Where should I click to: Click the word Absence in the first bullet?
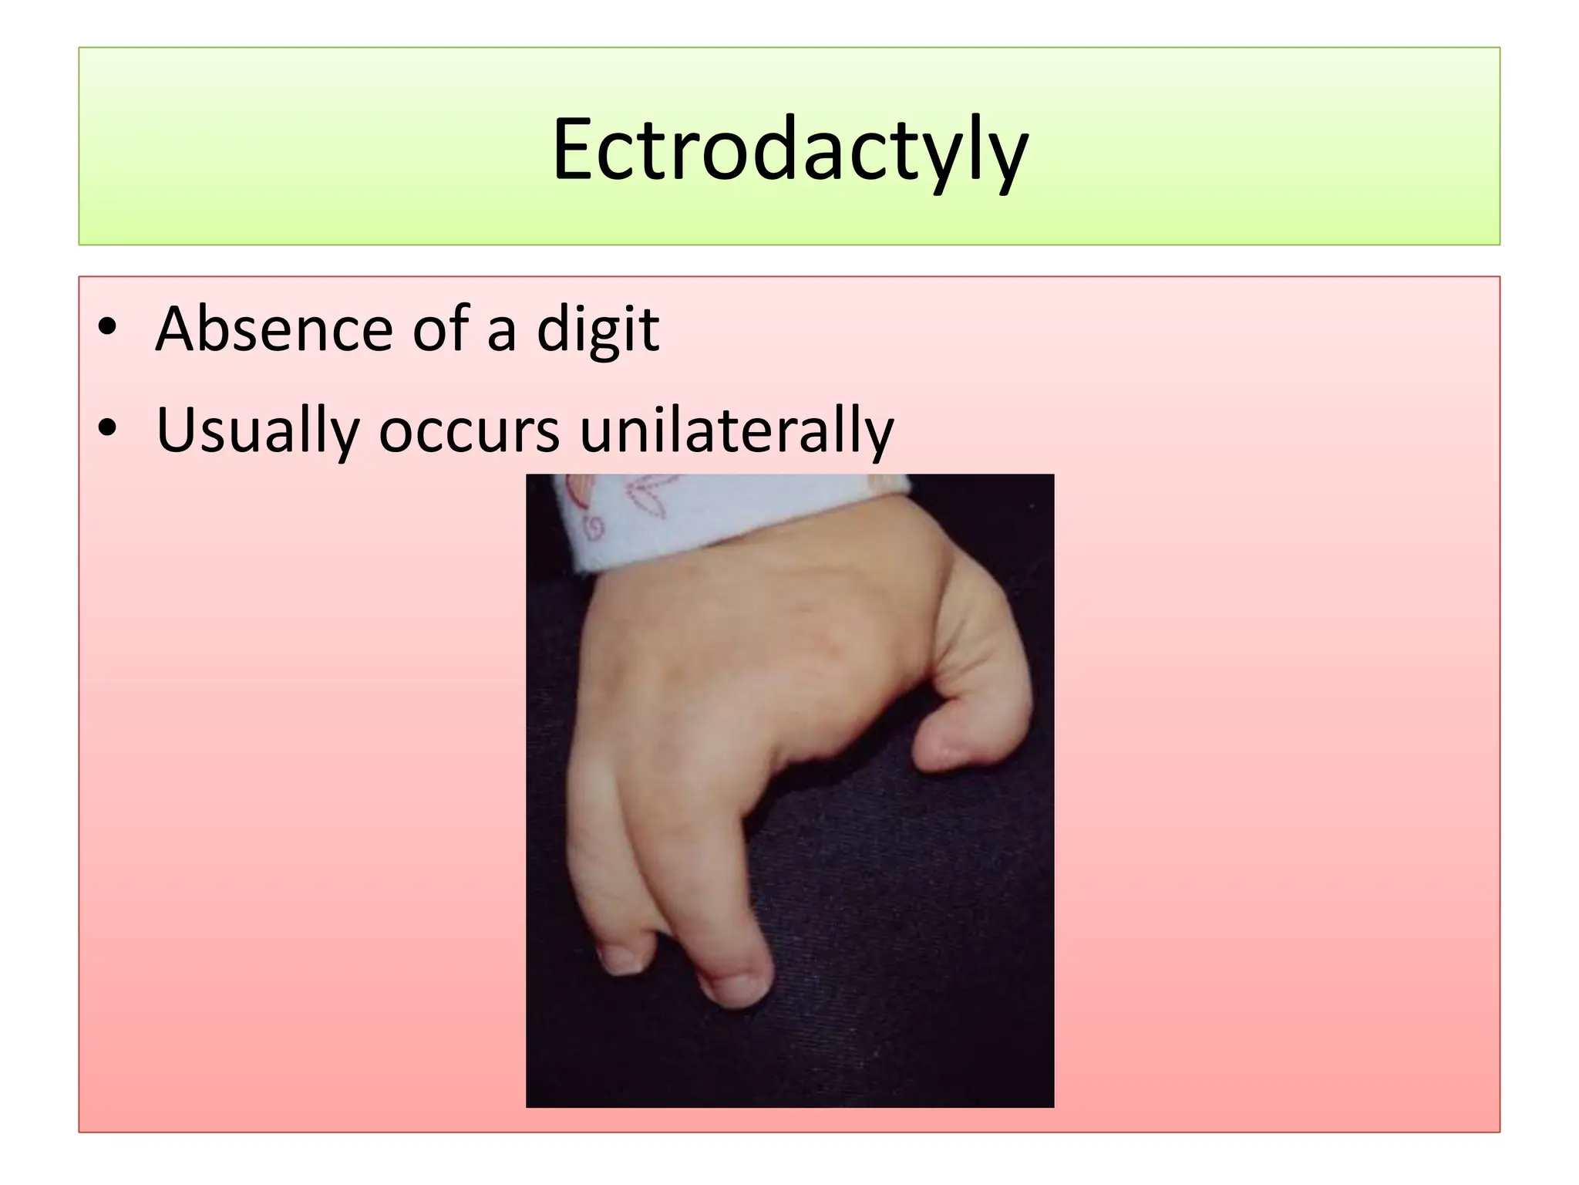pos(274,329)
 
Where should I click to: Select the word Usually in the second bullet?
pos(258,430)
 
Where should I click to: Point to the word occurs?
pos(469,430)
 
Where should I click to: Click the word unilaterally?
pos(736,430)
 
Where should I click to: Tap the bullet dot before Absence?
pos(107,327)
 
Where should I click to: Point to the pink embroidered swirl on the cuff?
pos(594,528)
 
